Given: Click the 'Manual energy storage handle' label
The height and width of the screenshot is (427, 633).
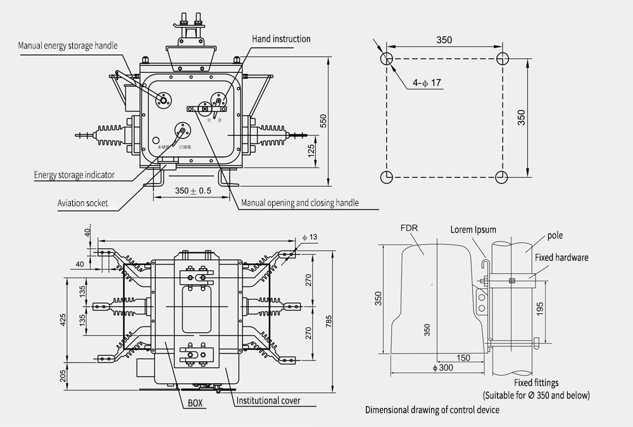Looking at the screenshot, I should (72, 46).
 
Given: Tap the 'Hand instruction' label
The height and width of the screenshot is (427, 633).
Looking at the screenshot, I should (281, 39).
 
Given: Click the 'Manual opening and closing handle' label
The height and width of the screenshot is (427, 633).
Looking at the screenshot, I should (300, 203).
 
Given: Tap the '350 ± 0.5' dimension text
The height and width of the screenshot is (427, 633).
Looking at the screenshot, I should (193, 190).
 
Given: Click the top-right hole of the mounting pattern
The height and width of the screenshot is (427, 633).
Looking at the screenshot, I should (503, 59).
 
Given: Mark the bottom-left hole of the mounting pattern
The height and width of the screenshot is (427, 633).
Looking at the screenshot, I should (387, 176).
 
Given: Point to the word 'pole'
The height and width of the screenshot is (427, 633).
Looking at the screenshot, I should (555, 236).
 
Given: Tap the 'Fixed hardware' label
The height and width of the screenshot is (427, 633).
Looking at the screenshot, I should (561, 257).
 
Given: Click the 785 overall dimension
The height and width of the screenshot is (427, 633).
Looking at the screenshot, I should (328, 321).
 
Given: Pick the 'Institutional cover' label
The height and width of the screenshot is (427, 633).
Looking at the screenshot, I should (268, 400).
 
